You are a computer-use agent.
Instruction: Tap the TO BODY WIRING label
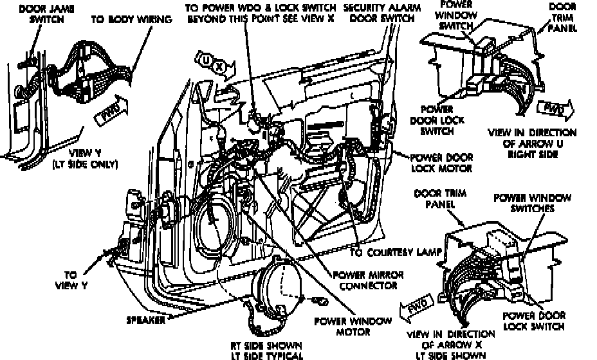point(131,19)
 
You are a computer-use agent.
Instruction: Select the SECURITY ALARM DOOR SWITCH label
point(378,14)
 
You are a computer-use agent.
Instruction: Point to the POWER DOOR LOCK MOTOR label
point(441,163)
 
